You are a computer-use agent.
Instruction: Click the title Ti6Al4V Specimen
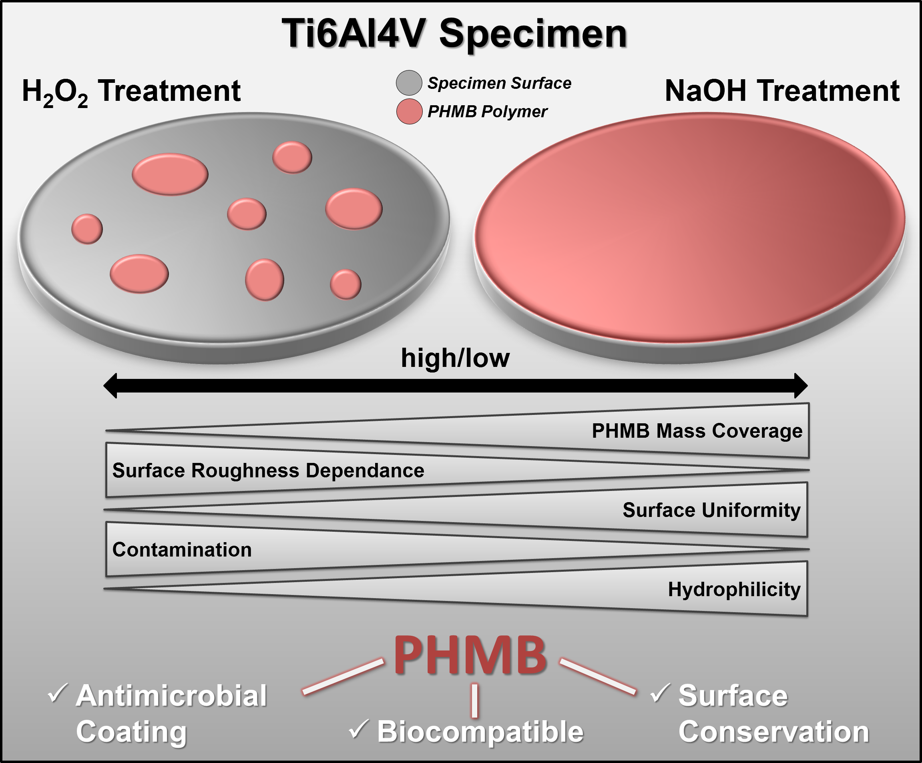[454, 34]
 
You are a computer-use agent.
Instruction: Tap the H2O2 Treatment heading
[131, 91]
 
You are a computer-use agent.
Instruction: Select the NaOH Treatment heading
[782, 91]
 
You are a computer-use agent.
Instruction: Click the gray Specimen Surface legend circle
[409, 82]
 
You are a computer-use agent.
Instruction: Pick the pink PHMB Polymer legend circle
[409, 112]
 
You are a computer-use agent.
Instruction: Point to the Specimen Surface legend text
[499, 83]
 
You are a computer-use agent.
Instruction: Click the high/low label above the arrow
[455, 358]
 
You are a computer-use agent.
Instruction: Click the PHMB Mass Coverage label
[697, 431]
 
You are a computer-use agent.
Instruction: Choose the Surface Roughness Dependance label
[268, 471]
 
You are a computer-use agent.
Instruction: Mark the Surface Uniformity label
[711, 510]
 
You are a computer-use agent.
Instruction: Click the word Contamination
[182, 549]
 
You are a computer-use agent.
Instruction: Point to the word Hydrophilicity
[734, 589]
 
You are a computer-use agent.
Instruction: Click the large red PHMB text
[470, 655]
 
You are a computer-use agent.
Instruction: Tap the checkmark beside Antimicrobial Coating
[58, 693]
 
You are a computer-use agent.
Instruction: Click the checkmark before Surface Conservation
[660, 693]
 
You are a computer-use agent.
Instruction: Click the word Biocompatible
[480, 731]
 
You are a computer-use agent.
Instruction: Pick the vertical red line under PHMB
[474, 700]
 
